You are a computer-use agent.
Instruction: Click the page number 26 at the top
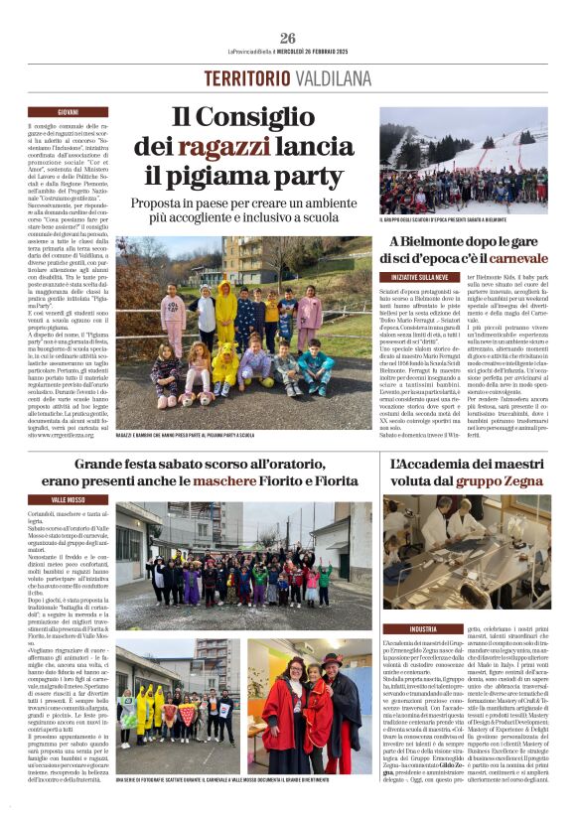pos(287,38)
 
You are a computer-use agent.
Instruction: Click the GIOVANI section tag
pos(69,112)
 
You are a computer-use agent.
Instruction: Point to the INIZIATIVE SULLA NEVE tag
pos(422,277)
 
